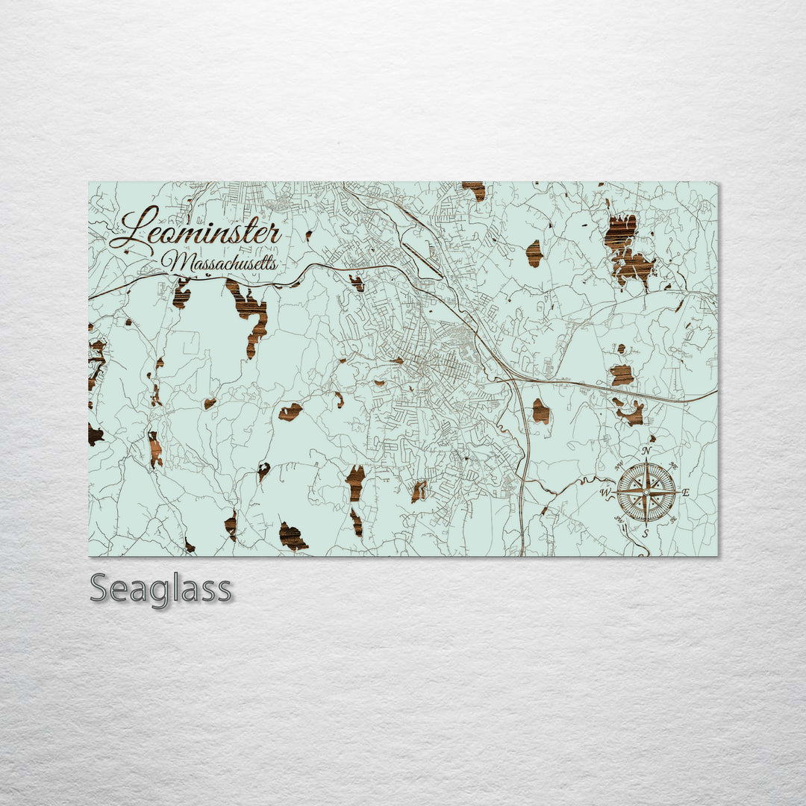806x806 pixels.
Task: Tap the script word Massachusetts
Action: tap(221, 263)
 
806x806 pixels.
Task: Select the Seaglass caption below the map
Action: tap(160, 589)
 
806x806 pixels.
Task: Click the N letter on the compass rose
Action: tap(646, 451)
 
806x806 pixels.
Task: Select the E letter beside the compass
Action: tap(686, 493)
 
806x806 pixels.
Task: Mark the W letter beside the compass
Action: tap(605, 493)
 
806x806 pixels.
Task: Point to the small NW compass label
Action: tap(619, 466)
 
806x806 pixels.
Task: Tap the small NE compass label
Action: tap(673, 466)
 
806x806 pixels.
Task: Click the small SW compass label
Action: tap(619, 519)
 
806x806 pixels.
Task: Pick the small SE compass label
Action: tap(673, 519)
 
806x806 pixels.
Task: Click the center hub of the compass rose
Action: tap(646, 493)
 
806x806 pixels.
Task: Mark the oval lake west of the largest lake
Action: tap(534, 254)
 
